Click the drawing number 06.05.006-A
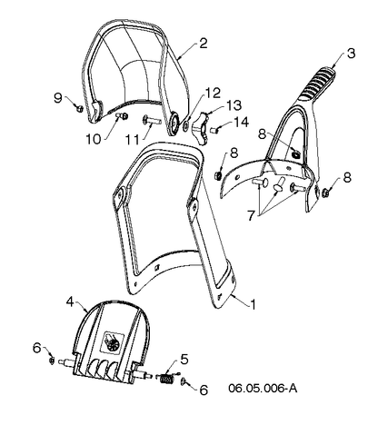pyautogui.click(x=263, y=388)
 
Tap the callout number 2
pyautogui.click(x=204, y=44)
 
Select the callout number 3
pyautogui.click(x=351, y=54)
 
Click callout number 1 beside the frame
pyautogui.click(x=253, y=304)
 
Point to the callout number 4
pyautogui.click(x=70, y=301)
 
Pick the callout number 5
pyautogui.click(x=184, y=360)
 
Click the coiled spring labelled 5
pyautogui.click(x=166, y=380)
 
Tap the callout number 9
pyautogui.click(x=58, y=98)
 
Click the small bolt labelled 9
pyautogui.click(x=80, y=108)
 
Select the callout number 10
pyautogui.click(x=93, y=140)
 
